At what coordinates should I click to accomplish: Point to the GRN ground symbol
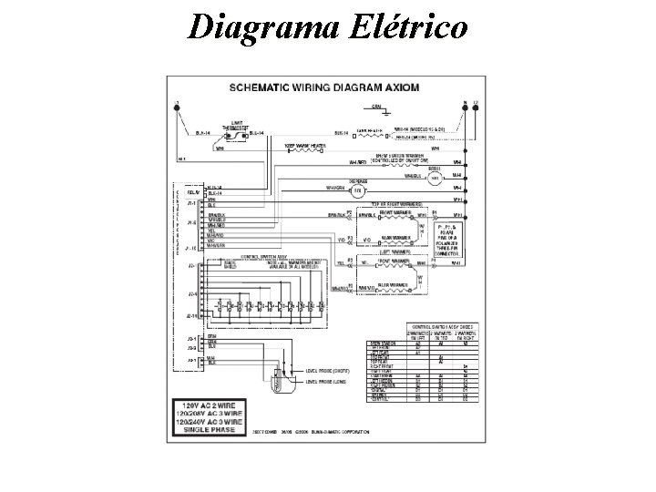tap(324, 114)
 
